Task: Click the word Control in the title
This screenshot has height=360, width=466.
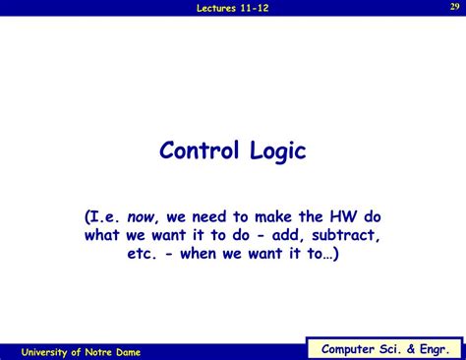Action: pyautogui.click(x=202, y=151)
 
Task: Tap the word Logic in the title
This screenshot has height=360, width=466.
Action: pyautogui.click(x=278, y=151)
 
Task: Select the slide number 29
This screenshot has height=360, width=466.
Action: pyautogui.click(x=453, y=6)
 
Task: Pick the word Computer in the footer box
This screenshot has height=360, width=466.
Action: pyautogui.click(x=350, y=348)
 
